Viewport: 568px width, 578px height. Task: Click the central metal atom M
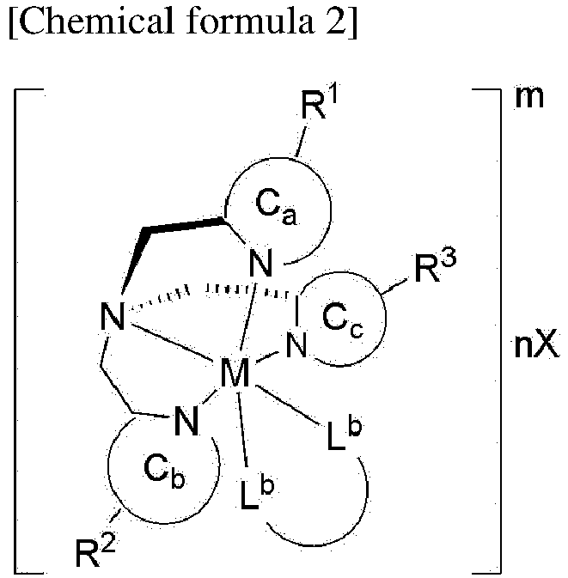tap(235, 373)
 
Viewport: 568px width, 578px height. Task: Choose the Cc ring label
tap(343, 319)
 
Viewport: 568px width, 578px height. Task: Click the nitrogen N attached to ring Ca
tap(261, 263)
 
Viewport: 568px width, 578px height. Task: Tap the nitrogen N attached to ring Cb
tap(186, 420)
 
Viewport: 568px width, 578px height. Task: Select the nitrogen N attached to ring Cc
tap(296, 344)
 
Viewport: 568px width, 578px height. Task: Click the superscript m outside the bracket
tap(529, 98)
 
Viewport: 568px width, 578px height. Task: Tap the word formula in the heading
tap(250, 21)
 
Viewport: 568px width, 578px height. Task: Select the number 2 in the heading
tap(335, 22)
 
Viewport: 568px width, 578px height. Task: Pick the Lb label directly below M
tap(257, 494)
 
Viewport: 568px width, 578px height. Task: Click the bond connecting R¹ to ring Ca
tap(301, 142)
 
